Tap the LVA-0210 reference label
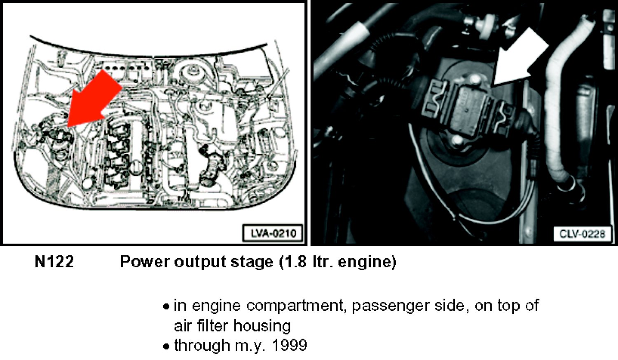273,234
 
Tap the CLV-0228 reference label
582,234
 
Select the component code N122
54,262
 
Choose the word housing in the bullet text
262,327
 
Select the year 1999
289,345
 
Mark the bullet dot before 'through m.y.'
166,346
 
